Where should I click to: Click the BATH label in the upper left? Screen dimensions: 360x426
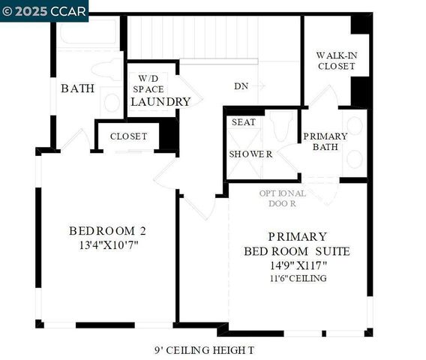tap(77, 88)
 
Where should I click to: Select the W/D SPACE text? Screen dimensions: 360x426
tap(148, 83)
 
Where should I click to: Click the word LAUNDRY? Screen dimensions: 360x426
tap(161, 101)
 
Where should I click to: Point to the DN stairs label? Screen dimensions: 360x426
tap(241, 86)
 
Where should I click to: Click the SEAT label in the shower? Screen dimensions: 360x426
tap(243, 121)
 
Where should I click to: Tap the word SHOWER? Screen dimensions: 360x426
tap(250, 154)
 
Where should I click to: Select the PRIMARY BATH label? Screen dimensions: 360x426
tap(325, 141)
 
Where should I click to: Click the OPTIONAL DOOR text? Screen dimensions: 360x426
tap(283, 198)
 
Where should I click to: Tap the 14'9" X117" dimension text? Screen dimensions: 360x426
tap(296, 265)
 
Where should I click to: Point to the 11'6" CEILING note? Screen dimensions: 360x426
tap(296, 278)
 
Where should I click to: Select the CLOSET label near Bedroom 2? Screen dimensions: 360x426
tap(128, 136)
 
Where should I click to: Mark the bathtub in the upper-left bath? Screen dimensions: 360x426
tap(88, 32)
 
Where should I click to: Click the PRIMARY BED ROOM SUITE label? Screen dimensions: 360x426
tap(296, 243)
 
